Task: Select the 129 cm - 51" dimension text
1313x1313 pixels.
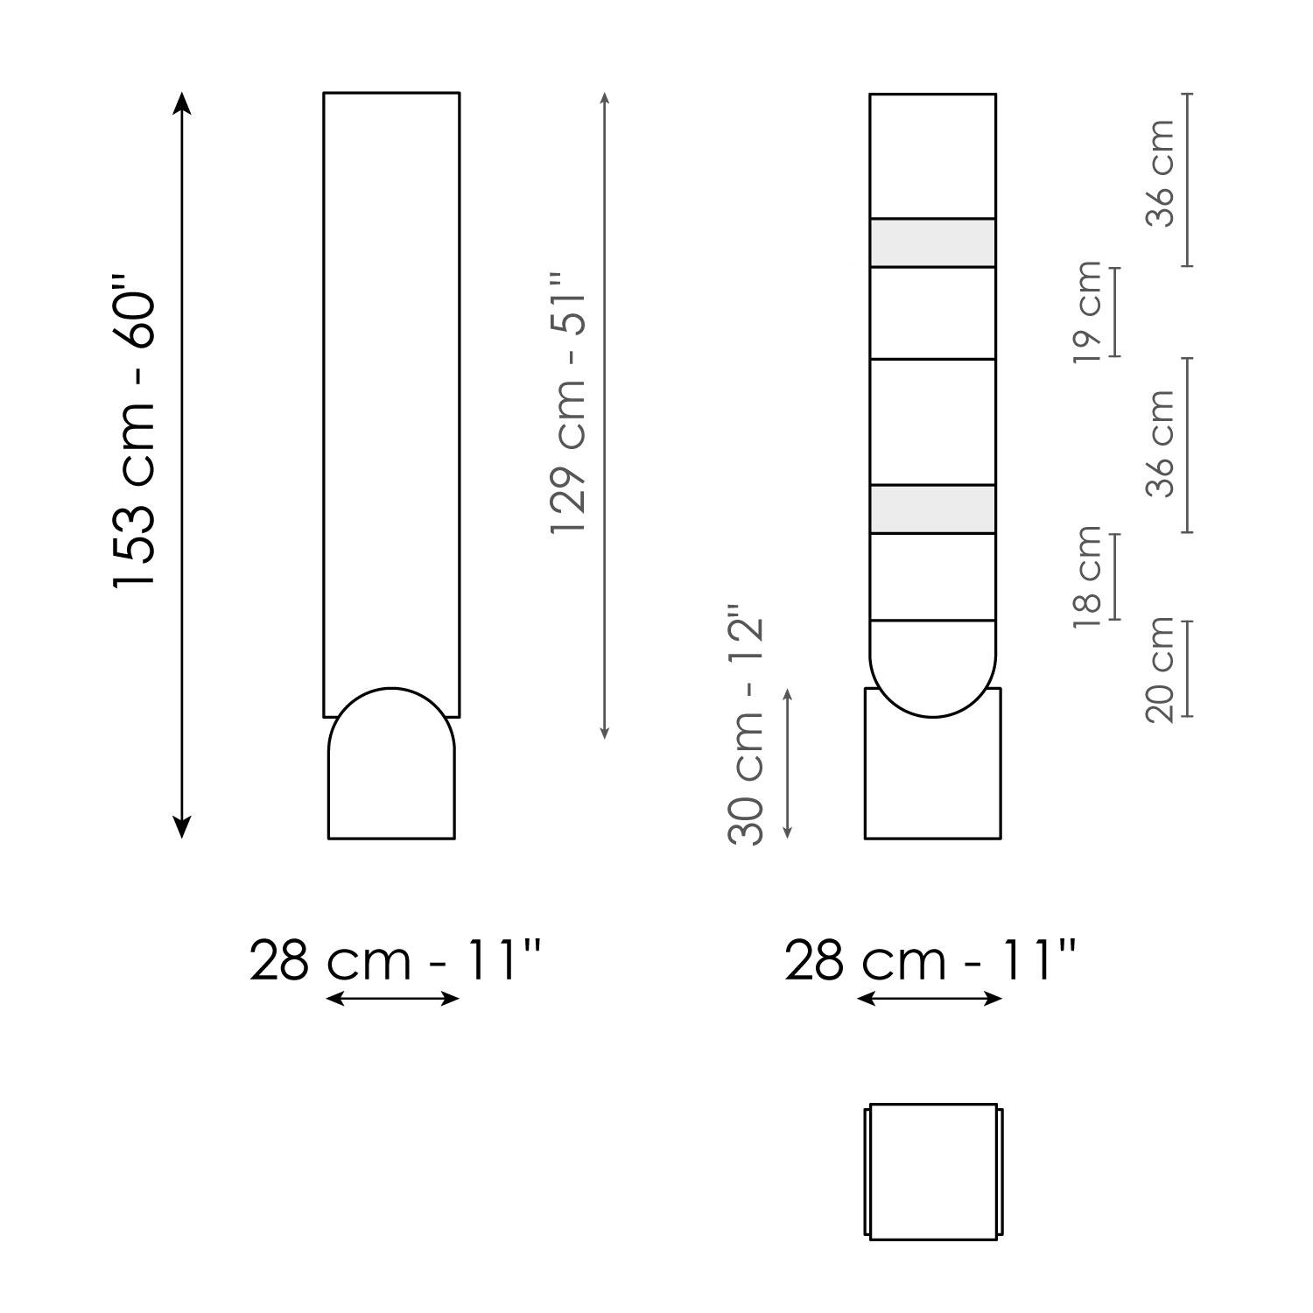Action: click(568, 404)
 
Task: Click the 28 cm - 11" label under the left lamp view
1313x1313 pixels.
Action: click(396, 960)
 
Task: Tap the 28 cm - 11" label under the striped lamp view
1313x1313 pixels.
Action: click(930, 960)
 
